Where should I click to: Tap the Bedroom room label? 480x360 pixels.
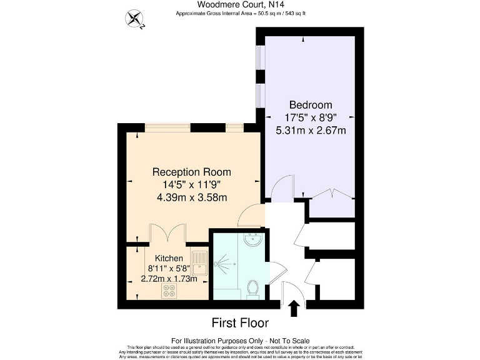click(x=310, y=104)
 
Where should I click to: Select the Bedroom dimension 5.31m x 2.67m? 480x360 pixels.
click(x=311, y=131)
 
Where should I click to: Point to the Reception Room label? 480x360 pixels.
click(x=192, y=172)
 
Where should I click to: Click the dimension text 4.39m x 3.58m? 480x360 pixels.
click(x=192, y=197)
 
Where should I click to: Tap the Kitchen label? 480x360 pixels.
click(x=169, y=258)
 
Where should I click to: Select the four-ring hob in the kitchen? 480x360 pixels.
click(x=169, y=290)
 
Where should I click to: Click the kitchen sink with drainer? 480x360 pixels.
click(x=199, y=262)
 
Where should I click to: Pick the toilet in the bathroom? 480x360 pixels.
click(x=253, y=289)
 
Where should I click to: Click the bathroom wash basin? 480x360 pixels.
click(x=253, y=238)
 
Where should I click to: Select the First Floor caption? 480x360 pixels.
click(x=241, y=323)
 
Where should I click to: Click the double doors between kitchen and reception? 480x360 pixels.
click(x=167, y=233)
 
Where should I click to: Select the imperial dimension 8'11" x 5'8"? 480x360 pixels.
click(x=169, y=268)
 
